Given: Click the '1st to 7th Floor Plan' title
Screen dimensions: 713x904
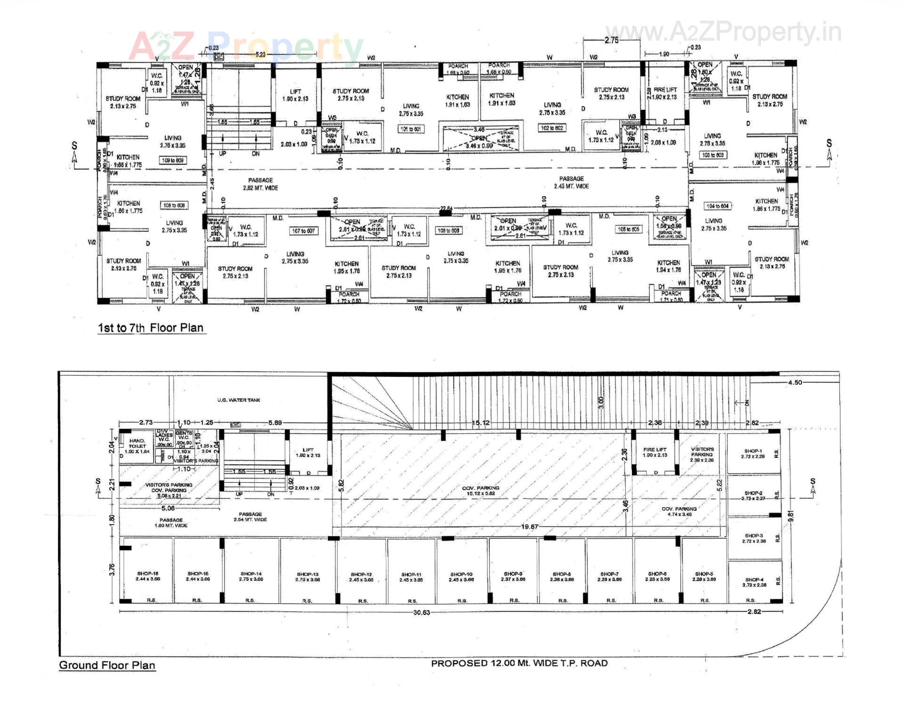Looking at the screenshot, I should [x=151, y=328].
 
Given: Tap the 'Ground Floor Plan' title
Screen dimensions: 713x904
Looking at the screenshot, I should [x=107, y=665].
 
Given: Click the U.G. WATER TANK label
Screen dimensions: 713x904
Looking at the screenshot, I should [x=239, y=400].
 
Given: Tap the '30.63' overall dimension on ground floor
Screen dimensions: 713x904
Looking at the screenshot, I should [x=421, y=612].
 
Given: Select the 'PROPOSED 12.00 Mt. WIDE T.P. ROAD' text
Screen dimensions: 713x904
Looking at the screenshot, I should [x=519, y=663].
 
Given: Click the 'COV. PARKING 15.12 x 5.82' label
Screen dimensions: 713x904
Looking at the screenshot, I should [x=481, y=490].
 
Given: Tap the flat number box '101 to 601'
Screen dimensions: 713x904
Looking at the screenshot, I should [x=411, y=129].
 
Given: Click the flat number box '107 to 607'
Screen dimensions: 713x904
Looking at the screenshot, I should [x=303, y=231].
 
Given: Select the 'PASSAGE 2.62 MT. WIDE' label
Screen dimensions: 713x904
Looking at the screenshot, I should [x=260, y=184].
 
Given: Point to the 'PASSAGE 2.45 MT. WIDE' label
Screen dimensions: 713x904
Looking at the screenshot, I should [x=571, y=182].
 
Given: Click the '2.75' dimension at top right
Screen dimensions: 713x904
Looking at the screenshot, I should [x=611, y=41].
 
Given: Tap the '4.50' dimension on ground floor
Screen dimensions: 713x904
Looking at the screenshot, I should [x=795, y=382].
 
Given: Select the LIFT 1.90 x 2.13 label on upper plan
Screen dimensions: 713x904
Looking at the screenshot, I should [x=295, y=95].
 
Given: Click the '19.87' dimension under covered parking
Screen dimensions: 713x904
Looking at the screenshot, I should [x=530, y=527].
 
